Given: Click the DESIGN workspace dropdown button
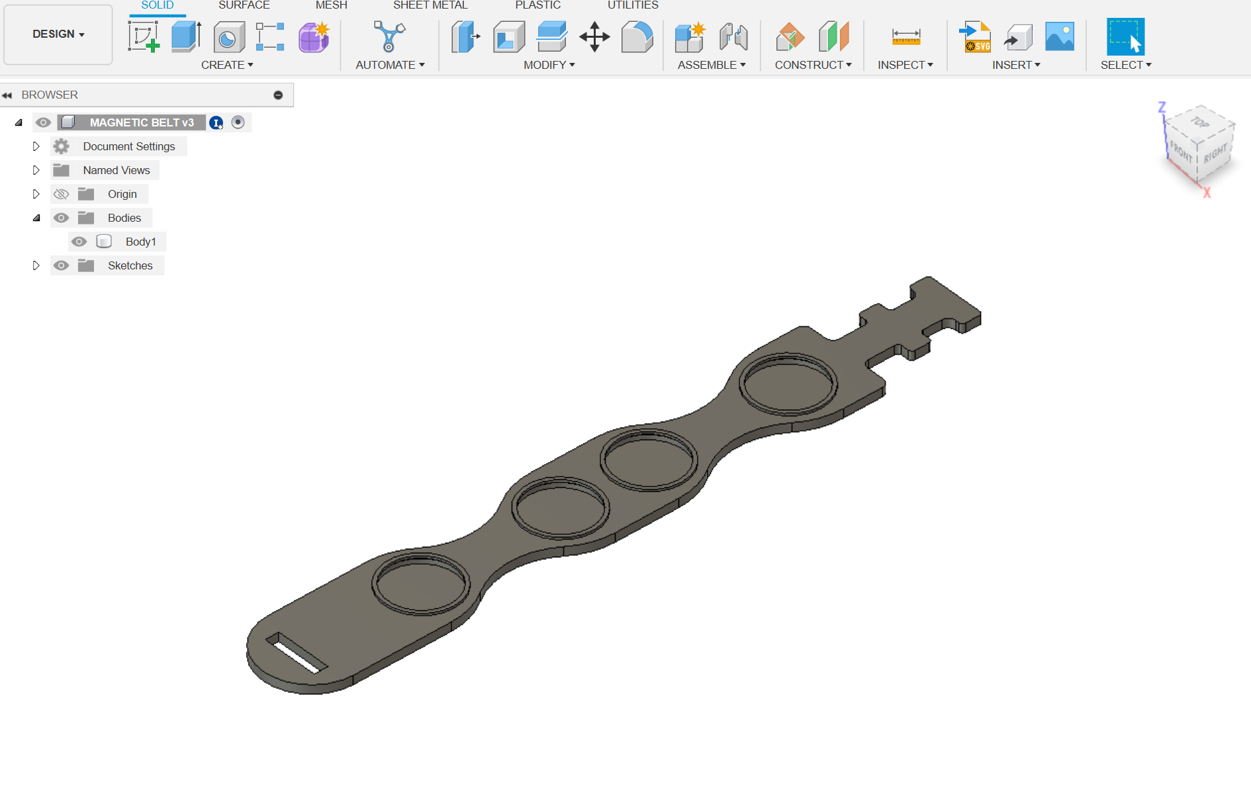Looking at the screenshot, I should [58, 34].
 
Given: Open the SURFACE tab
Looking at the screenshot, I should [244, 5].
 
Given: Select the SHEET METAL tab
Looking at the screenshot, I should [430, 5].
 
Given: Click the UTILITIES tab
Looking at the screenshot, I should [633, 5].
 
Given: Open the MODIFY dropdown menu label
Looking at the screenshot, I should [549, 65].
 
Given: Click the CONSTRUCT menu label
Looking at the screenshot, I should [813, 65].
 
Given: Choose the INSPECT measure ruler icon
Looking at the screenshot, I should [905, 36].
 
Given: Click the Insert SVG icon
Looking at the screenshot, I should [976, 36].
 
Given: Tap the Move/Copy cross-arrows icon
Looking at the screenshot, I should [594, 36].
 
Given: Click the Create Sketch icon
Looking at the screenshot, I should [144, 36].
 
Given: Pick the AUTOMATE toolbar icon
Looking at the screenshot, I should [389, 36].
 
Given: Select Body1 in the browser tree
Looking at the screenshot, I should [140, 242].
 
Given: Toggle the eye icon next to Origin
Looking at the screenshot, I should [61, 194].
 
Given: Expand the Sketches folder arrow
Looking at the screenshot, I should [36, 265].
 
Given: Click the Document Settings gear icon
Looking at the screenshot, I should [61, 146].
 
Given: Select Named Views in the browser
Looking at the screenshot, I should [116, 170].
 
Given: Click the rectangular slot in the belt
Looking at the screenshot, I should [297, 653].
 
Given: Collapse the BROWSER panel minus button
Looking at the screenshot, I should [278, 95].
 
